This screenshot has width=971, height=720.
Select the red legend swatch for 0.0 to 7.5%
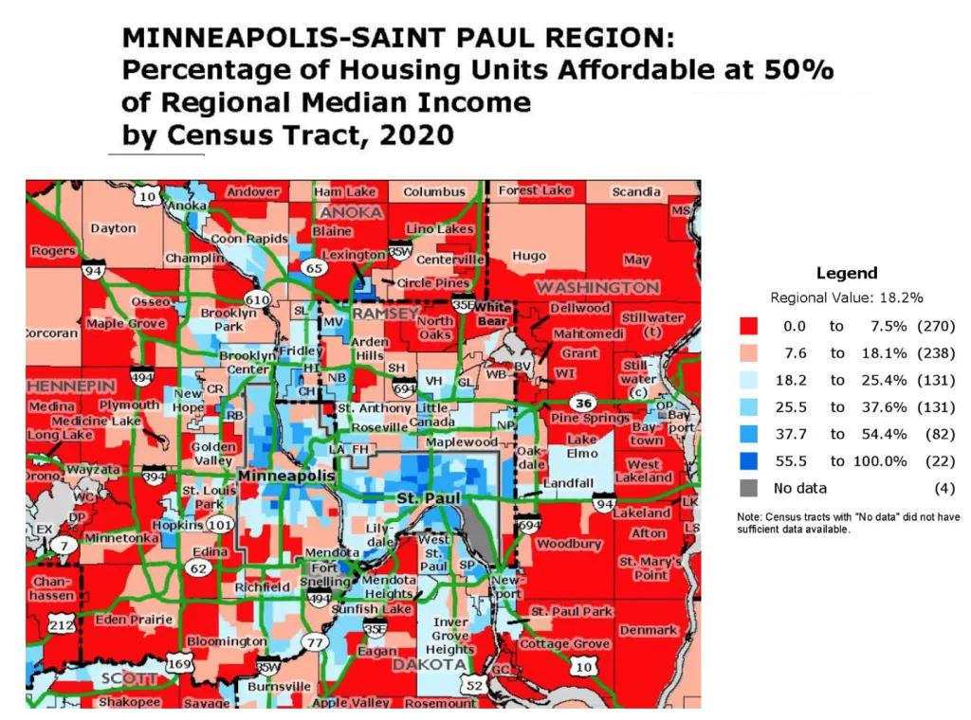749,327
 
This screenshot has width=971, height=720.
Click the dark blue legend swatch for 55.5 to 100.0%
749,461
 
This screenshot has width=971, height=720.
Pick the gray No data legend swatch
749,489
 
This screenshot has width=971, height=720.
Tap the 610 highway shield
259,299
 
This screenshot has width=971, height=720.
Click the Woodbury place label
568,545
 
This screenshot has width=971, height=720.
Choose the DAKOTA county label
430,665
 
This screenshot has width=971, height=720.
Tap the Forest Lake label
536,190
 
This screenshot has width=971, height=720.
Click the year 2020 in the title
415,136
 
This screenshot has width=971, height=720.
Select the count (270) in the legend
935,327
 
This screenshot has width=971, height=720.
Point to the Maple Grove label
125,324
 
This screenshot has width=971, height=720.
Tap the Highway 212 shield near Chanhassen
62,625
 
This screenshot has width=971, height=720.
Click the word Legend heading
847,273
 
